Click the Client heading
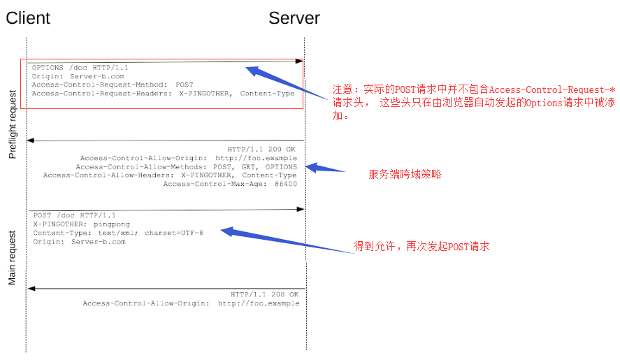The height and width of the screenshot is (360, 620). pos(28,18)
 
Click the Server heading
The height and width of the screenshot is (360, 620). pos(294,18)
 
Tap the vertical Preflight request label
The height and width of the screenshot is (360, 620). pos(13,124)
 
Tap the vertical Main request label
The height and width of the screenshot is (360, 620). pos(13,257)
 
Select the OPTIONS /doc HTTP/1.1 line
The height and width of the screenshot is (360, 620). pos(80,68)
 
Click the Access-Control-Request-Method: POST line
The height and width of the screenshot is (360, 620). pos(113,85)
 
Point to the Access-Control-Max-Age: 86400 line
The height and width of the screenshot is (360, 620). pos(230,184)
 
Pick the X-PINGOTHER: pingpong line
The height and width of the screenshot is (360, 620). pos(82,224)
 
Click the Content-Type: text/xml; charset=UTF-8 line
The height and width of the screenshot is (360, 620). pos(118,233)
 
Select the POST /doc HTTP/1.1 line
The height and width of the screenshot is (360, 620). pos(74,215)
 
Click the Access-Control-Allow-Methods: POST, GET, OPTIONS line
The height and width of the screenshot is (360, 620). pos(186,167)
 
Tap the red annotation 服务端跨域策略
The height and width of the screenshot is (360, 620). pos(405,174)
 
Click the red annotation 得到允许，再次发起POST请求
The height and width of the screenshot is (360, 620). pos(422,247)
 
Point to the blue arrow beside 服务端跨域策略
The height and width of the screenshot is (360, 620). pos(325,168)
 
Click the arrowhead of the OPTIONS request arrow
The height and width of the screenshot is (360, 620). pos(299,62)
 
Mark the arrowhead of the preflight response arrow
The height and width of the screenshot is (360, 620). pos(30,140)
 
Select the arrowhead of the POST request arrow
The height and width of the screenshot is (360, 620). pos(301,209)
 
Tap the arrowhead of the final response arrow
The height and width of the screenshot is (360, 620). pos(31,289)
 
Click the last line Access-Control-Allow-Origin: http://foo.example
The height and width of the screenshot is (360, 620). pos(191,303)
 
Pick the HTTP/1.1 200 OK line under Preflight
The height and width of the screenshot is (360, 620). pos(261,149)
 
